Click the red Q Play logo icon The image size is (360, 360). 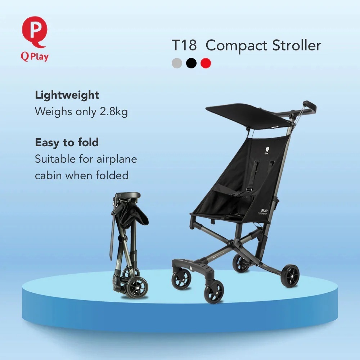(34, 32)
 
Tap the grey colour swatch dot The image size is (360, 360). (177, 63)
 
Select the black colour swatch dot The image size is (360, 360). (192, 63)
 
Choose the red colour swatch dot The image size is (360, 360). (206, 63)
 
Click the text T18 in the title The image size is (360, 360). (184, 46)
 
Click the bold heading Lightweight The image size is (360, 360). (67, 95)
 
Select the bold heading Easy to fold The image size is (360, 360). (67, 143)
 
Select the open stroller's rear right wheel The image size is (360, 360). (290, 276)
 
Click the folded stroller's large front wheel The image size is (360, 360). (137, 287)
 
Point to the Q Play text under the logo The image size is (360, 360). (35, 57)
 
